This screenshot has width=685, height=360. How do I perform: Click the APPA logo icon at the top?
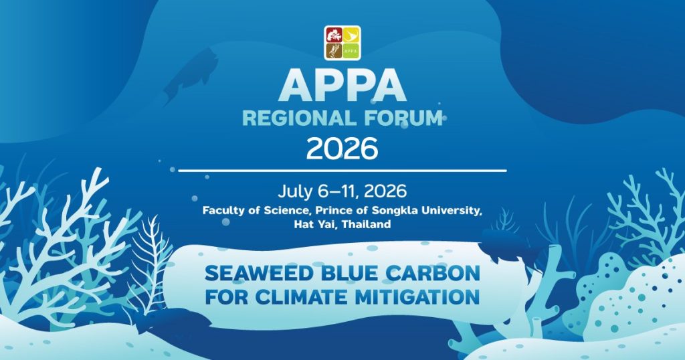click(342, 42)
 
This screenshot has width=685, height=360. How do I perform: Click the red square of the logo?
click(334, 35)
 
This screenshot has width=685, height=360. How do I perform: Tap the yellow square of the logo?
click(351, 35)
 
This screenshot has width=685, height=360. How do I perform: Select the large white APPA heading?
click(342, 86)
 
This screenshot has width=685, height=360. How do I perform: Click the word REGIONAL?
click(298, 119)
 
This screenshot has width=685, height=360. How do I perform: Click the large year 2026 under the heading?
click(342, 149)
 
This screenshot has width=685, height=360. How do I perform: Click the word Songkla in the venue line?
click(391, 211)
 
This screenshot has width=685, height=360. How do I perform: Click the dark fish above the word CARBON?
click(507, 248)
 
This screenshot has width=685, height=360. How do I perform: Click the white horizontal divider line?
click(342, 171)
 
